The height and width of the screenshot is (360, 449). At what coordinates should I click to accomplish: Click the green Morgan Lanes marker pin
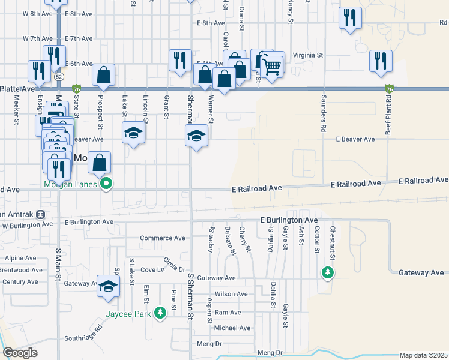click(x=106, y=184)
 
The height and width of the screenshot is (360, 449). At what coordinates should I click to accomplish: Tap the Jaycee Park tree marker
click(x=160, y=313)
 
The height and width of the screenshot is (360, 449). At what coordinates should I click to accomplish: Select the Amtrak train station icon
click(x=40, y=214)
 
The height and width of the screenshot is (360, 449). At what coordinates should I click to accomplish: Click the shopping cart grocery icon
click(x=272, y=67)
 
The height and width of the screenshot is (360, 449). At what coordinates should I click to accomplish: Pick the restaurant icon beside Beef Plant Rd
click(x=381, y=61)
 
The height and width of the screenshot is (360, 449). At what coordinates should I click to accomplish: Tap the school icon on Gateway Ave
click(x=108, y=287)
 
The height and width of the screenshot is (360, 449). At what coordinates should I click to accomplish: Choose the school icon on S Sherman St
click(x=196, y=137)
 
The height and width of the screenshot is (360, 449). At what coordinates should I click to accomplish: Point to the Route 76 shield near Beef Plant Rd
click(x=389, y=89)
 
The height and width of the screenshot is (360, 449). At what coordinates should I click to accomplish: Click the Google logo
click(x=19, y=353)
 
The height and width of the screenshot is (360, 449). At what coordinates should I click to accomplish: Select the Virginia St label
click(x=308, y=55)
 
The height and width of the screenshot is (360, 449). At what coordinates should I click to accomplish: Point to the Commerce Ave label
click(x=162, y=238)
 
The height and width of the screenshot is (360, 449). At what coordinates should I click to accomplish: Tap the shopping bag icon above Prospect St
click(x=103, y=75)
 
